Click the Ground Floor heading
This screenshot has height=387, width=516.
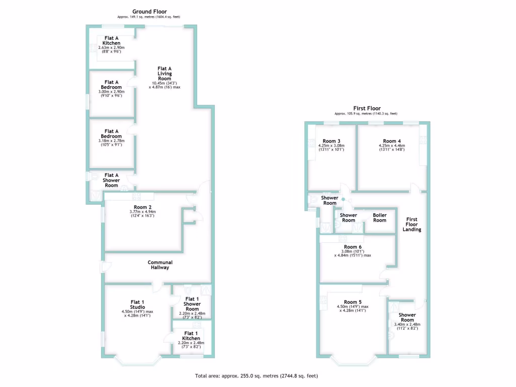pyautogui.click(x=150, y=12)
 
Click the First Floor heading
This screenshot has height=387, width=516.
pyautogui.click(x=366, y=108)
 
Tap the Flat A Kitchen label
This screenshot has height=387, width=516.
pyautogui.click(x=111, y=40)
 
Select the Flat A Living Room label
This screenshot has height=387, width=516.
pyautogui.click(x=165, y=74)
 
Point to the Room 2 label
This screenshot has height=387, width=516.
pyautogui.click(x=143, y=207)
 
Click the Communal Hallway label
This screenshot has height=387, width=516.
pyautogui.click(x=160, y=265)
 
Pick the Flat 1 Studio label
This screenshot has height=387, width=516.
pyautogui.click(x=138, y=305)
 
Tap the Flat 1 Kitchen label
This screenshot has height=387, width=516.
pyautogui.click(x=191, y=336)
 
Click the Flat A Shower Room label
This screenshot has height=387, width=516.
pyautogui.click(x=111, y=180)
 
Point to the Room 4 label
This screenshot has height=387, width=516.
pyautogui.click(x=392, y=141)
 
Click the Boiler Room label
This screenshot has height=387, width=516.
pyautogui.click(x=379, y=218)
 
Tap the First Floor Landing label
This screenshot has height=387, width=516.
pyautogui.click(x=412, y=224)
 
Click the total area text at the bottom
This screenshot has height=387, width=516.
pyautogui.click(x=256, y=376)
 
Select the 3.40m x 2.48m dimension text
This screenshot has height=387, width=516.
pyautogui.click(x=407, y=325)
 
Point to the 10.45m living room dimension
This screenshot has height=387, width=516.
pyautogui.click(x=165, y=83)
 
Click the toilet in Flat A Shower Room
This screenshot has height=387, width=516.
pyautogui.click(x=95, y=177)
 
